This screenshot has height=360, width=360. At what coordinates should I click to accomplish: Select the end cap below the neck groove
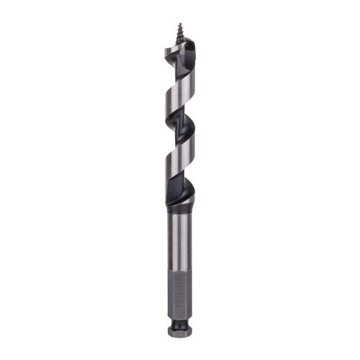click(x=179, y=334)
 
